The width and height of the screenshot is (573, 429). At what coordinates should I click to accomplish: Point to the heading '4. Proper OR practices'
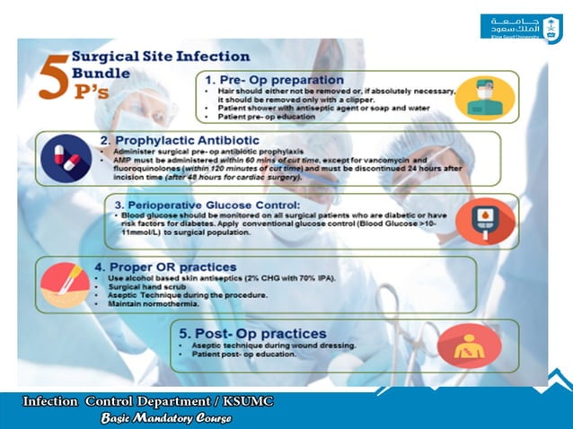(x=172, y=267)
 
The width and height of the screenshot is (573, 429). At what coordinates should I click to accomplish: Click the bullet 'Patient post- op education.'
(x=243, y=355)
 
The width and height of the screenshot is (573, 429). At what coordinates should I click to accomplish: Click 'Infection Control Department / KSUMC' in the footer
(x=148, y=401)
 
